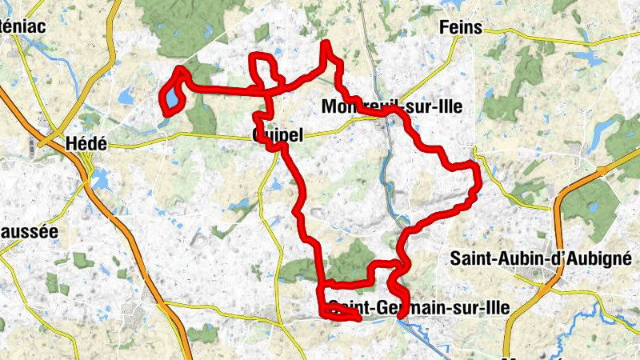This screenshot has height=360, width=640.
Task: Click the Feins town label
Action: point(461,28)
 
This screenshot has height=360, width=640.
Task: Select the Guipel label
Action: point(277,135)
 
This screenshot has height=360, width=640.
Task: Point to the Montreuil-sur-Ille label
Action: point(391,106)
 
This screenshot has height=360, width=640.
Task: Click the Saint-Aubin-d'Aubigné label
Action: point(542,258)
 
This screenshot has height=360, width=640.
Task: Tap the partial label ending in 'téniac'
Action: point(23,25)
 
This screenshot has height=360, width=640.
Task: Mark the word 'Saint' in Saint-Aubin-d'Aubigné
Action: point(472,258)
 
